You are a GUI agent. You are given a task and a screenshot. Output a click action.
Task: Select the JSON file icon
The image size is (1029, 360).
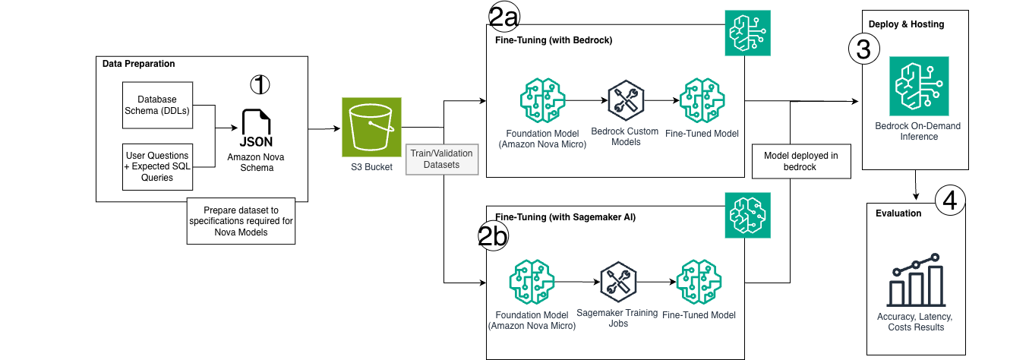tap(257, 128)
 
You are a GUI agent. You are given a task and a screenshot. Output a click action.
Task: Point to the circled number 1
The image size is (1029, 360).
tap(260, 84)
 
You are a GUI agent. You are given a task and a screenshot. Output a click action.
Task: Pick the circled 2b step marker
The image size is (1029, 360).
tap(492, 237)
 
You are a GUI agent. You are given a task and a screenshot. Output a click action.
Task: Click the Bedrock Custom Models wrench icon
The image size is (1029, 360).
tap(626, 99)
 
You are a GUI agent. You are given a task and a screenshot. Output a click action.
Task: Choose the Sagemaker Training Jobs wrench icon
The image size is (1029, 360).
tap(616, 281)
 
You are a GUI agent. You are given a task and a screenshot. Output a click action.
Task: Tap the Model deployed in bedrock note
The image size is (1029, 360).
tap(802, 161)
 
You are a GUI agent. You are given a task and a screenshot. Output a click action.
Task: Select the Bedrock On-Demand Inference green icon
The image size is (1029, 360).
tap(917, 87)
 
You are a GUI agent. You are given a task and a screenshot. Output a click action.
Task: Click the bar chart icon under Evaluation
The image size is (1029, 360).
tap(915, 281)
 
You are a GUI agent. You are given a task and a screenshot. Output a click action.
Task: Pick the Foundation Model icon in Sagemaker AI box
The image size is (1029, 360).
tap(532, 281)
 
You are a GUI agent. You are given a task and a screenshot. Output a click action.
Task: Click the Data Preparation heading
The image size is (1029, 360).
tap(138, 64)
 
